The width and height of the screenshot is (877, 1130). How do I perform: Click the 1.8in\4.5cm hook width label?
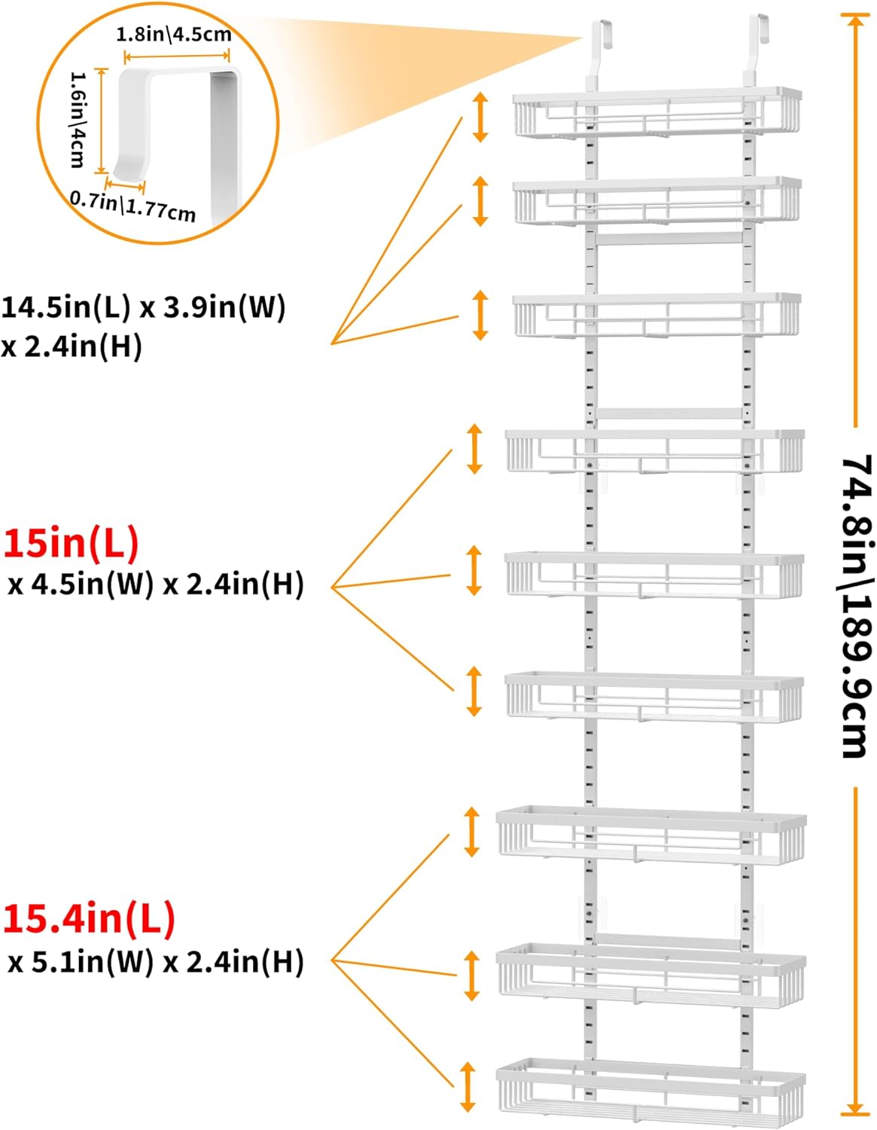[x=174, y=35]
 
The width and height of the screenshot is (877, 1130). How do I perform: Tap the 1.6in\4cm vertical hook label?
[x=78, y=120]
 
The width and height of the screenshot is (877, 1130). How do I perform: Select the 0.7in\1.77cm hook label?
[x=133, y=206]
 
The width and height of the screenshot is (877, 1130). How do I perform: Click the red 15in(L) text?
[x=72, y=542]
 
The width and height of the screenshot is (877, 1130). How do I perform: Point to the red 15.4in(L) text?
[x=90, y=918]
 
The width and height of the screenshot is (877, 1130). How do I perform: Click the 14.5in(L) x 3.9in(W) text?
[x=143, y=307]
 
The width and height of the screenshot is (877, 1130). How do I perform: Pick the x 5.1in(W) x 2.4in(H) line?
[x=155, y=961]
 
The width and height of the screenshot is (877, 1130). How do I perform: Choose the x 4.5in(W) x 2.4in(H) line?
[x=155, y=584]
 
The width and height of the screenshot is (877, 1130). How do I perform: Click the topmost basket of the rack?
[x=657, y=113]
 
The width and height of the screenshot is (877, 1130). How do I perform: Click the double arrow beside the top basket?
[x=480, y=117]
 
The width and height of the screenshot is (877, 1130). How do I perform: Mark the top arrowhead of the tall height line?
[x=855, y=20]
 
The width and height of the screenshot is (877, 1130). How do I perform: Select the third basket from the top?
[x=657, y=316]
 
